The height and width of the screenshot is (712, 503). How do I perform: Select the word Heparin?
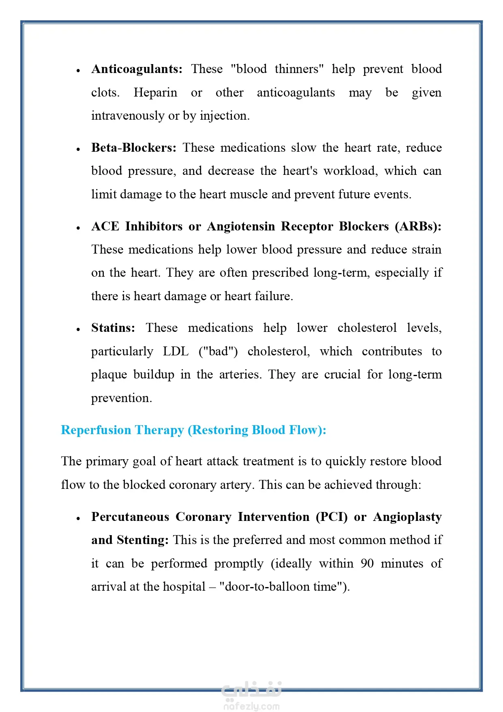tap(155, 92)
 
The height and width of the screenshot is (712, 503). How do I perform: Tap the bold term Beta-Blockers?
tap(134, 148)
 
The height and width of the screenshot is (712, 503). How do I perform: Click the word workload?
tap(351, 171)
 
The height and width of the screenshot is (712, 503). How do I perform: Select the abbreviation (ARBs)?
tap(418, 226)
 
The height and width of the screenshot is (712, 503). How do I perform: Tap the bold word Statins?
tap(113, 328)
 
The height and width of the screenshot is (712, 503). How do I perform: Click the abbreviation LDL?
tap(176, 351)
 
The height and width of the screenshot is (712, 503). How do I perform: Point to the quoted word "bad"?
tap(218, 351)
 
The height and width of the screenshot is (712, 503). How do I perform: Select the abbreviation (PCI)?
tap(332, 517)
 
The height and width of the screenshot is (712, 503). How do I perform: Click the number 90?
tap(367, 564)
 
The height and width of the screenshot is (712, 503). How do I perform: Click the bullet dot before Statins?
tap(78, 329)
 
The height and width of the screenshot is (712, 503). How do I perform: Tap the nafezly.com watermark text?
tap(251, 706)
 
